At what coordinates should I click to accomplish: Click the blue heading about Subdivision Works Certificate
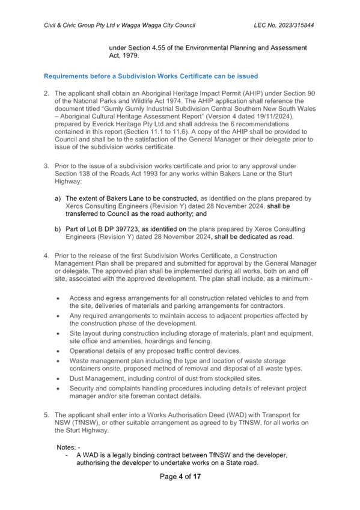pos(151,76)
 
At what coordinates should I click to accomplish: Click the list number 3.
pos(46,166)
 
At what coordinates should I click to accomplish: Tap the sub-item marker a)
pos(58,198)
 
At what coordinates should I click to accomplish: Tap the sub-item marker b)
pos(58,229)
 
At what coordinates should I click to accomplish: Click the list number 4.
pos(46,256)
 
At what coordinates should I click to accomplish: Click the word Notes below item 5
pos(66,447)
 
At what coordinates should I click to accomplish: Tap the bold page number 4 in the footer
pos(181,477)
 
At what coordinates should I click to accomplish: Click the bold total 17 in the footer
pos(197,477)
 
